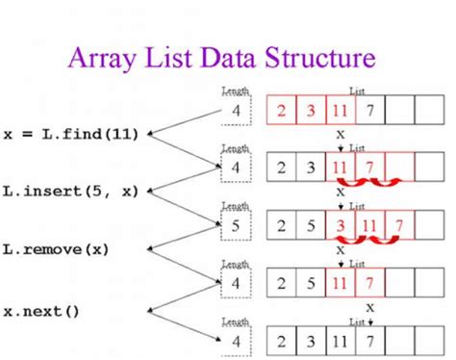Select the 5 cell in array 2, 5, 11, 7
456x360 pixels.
pos(311,285)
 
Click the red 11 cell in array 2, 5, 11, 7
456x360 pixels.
pos(340,285)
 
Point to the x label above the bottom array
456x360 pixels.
pos(368,307)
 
